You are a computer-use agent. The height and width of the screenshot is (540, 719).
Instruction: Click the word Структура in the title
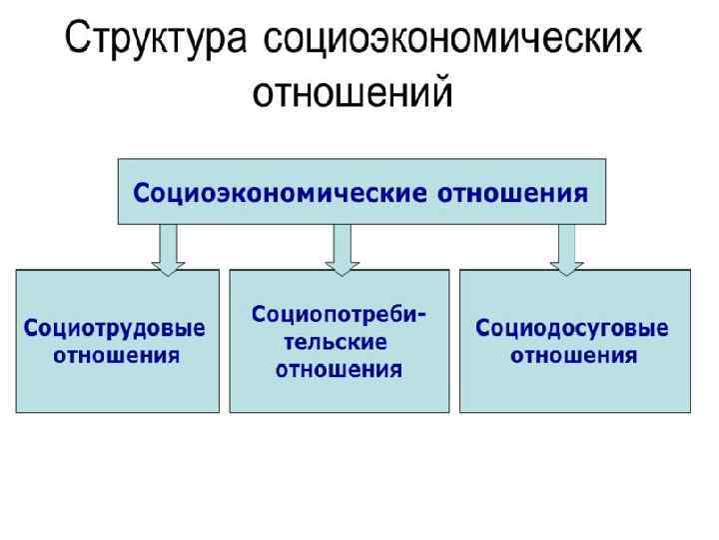coord(155,41)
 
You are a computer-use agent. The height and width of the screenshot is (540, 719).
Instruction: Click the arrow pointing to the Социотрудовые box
coord(168,247)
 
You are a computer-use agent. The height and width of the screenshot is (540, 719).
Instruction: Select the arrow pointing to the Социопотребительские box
coord(342,247)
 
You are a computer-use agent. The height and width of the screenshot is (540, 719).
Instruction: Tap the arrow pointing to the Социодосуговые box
coord(566,247)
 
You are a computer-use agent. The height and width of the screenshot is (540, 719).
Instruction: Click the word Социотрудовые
coord(115,328)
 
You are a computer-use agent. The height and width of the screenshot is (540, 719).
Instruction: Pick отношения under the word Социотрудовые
coord(116,355)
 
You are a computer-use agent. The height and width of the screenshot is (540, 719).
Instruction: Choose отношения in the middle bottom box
coord(339,369)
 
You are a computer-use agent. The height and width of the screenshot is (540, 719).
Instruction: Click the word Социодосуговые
coord(572,328)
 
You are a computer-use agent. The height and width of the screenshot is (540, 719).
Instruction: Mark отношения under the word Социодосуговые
coord(573,355)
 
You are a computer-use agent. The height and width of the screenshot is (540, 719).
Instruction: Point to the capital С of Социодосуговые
coord(482,328)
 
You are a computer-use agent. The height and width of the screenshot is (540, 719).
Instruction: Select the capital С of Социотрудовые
coord(31,328)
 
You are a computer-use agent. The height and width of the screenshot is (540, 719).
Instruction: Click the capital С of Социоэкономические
coord(143,191)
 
